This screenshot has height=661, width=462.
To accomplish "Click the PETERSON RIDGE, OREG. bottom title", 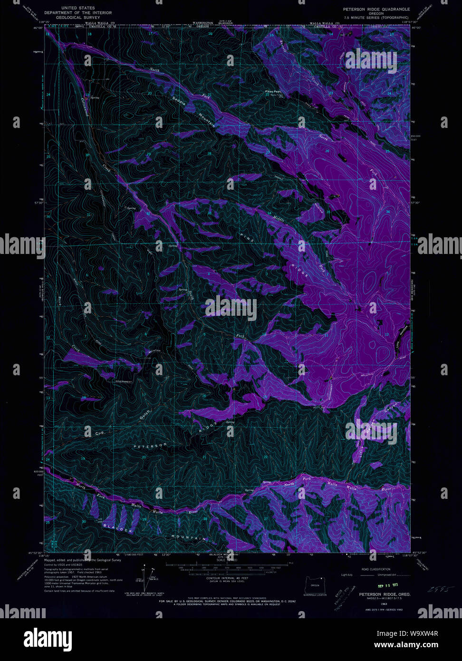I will coord(385,594).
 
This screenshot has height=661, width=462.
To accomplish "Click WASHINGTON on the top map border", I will coord(203,23).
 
